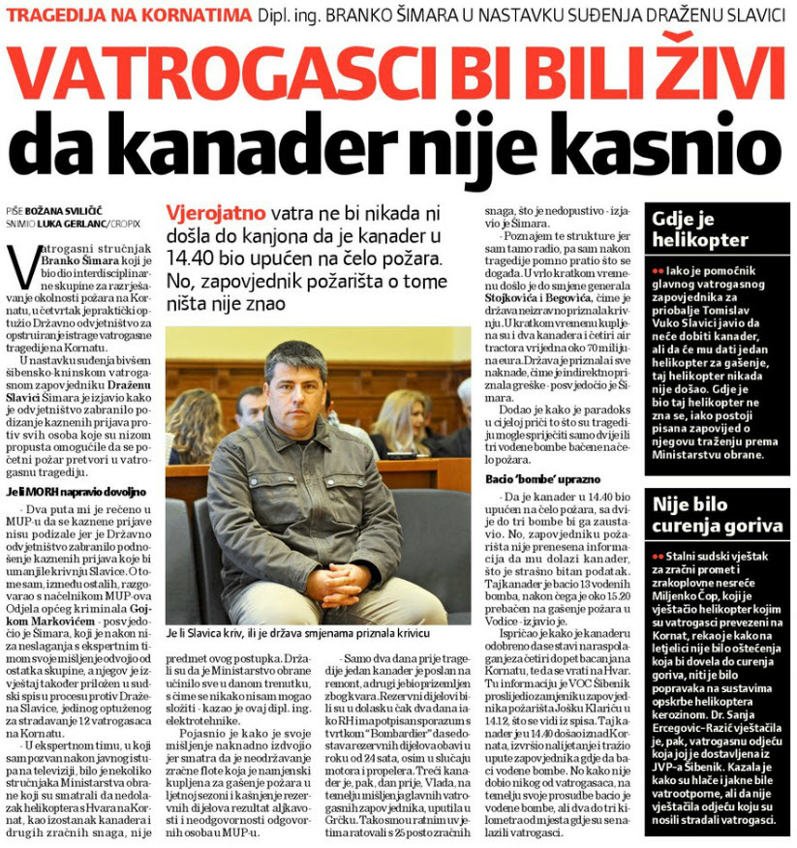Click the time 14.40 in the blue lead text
[188, 259]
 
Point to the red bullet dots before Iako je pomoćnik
[658, 269]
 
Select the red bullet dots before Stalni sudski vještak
[658, 558]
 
